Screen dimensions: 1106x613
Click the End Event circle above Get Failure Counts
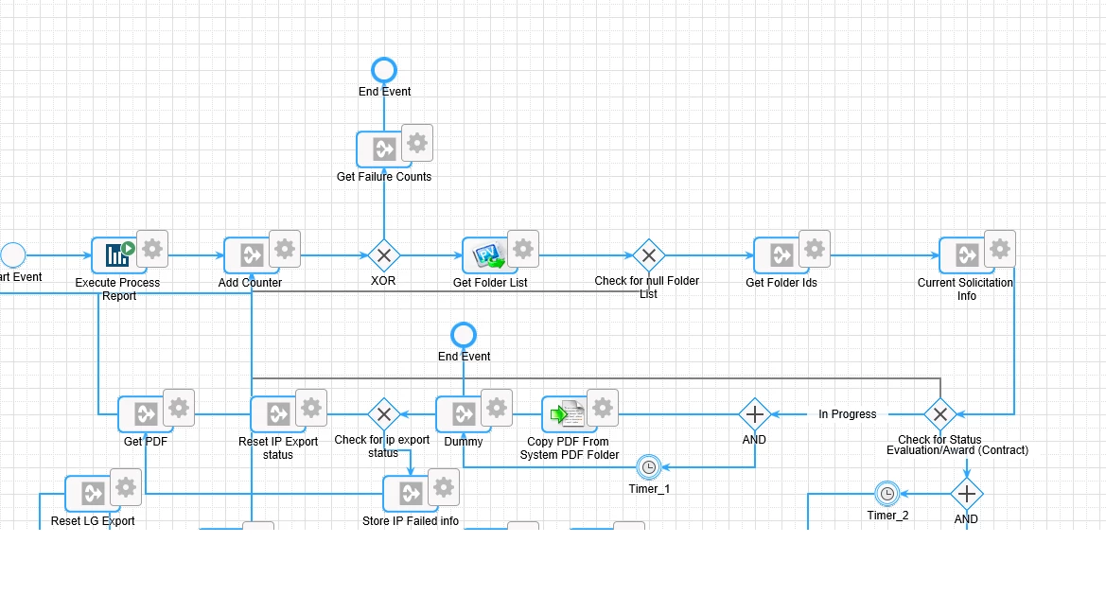[x=384, y=71]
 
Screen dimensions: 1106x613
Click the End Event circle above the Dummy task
[x=464, y=335]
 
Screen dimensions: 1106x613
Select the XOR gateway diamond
[x=384, y=255]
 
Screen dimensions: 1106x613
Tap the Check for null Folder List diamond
[x=649, y=255]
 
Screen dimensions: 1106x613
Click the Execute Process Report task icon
[x=119, y=254]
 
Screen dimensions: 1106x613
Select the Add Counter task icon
[x=252, y=254]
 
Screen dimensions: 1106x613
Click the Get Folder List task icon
[x=489, y=254]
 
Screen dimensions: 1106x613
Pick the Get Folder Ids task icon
[x=781, y=254]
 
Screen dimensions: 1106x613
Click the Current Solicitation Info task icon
[x=967, y=254]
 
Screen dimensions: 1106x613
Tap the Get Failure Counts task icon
[x=384, y=149]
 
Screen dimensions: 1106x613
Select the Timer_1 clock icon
[x=649, y=467]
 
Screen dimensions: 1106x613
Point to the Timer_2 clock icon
[x=887, y=494]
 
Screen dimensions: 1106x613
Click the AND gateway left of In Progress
[x=755, y=414]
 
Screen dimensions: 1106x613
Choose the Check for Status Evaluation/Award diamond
[x=940, y=414]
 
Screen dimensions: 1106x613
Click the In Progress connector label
[x=847, y=414]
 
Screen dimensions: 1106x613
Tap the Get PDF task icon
[x=146, y=414]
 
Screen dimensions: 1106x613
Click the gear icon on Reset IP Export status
[x=311, y=408]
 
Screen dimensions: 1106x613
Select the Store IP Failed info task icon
[x=411, y=493]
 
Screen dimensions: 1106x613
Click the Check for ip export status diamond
[x=384, y=414]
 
